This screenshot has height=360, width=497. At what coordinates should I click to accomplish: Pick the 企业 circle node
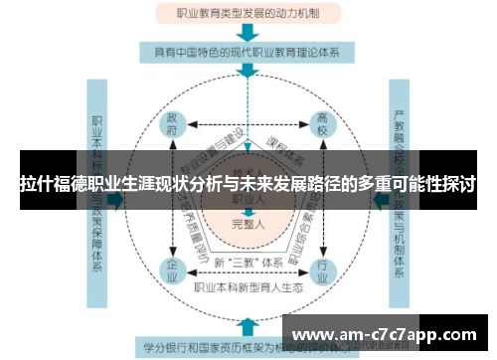[x=173, y=269]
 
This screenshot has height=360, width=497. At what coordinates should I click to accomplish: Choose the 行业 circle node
[x=322, y=269]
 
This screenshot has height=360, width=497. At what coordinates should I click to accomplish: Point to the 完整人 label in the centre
[x=248, y=226]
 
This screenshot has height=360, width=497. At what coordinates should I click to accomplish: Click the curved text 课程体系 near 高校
[x=289, y=159]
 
